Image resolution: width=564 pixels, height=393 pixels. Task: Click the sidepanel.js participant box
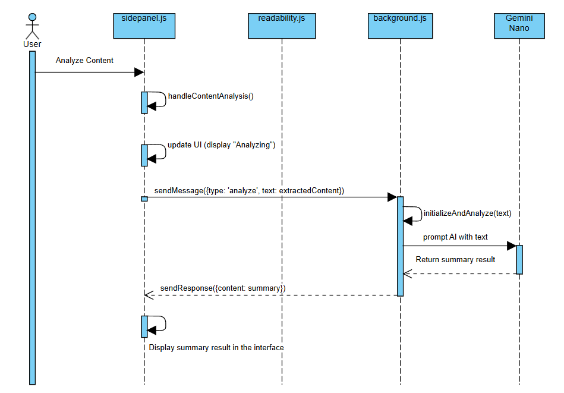coord(144,26)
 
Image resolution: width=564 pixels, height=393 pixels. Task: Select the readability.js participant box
coord(282,26)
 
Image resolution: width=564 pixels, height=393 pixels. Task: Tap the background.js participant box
coord(400,26)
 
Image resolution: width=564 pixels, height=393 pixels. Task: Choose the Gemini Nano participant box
coord(519,26)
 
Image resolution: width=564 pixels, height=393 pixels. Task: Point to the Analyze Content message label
coord(84,61)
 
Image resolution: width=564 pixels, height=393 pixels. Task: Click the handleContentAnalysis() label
coord(211,96)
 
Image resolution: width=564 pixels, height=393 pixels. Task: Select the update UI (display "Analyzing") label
coord(222,145)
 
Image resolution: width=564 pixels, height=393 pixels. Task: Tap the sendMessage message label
coord(249,191)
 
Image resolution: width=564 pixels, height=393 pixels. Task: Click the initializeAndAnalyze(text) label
coord(467,213)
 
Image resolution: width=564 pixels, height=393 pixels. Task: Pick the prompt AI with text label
coord(455,237)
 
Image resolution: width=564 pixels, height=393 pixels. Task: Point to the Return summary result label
coord(455,260)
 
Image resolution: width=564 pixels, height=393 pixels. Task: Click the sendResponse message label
coord(223,288)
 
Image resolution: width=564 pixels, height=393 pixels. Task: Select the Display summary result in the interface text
coord(216,347)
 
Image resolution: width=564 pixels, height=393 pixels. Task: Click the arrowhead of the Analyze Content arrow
coord(139,73)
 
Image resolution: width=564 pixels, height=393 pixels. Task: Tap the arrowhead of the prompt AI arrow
coord(511,246)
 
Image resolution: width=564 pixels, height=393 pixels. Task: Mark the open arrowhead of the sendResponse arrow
coord(149,295)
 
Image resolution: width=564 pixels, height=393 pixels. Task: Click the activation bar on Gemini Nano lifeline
coord(519,259)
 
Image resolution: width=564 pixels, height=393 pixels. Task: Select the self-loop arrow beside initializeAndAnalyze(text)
coord(414,215)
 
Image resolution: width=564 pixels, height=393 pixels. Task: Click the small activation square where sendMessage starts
coord(144,199)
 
